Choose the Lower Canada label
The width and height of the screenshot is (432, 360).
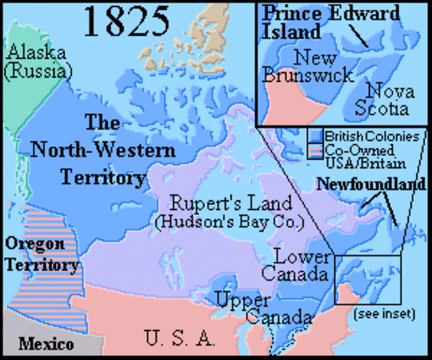tap(298, 263)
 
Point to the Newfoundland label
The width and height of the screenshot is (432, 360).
tap(370, 184)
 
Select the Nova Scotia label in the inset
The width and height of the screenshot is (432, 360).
tap(386, 99)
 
